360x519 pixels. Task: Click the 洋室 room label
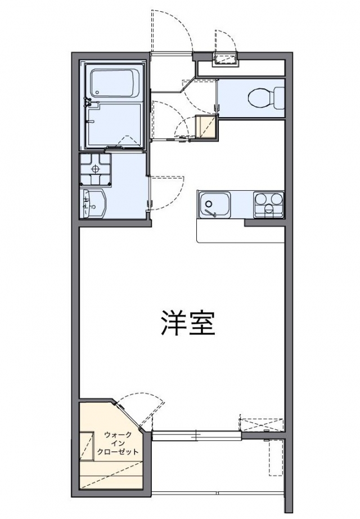[x=187, y=323]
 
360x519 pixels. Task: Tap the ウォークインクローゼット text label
[x=118, y=443]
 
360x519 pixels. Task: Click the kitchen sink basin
[x=214, y=203]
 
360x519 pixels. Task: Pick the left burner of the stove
[x=262, y=198]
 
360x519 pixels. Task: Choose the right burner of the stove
[x=277, y=198]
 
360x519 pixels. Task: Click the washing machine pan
[x=95, y=169]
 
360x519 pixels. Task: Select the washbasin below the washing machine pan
[x=93, y=203]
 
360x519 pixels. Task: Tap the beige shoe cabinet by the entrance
[x=205, y=127]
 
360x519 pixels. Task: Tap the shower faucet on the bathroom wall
[x=87, y=102]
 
